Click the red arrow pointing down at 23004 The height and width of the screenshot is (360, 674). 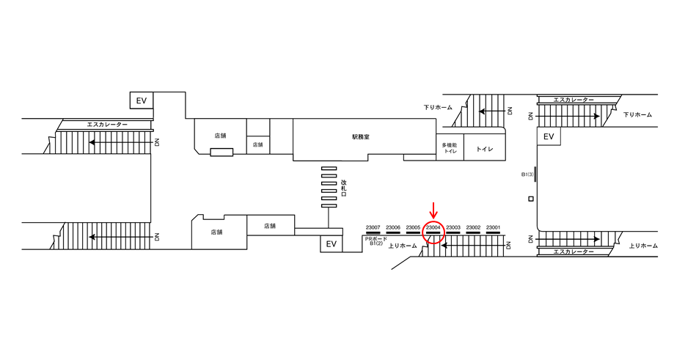click(433, 210)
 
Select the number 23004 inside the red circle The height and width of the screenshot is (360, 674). click(433, 227)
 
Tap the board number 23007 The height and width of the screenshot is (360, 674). click(373, 227)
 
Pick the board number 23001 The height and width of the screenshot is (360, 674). click(493, 227)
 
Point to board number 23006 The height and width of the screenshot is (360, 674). click(393, 227)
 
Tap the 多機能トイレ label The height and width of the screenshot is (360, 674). click(449, 148)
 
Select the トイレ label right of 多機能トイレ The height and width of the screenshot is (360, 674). click(484, 149)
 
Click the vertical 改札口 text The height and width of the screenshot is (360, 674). click(343, 189)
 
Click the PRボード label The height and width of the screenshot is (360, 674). click(376, 238)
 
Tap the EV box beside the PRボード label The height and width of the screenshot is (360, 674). click(330, 244)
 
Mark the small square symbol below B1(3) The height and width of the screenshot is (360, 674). click(530, 199)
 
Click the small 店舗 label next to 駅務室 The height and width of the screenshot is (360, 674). click(257, 145)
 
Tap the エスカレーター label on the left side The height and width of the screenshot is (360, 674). click(107, 125)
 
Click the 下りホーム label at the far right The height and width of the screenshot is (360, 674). click(637, 114)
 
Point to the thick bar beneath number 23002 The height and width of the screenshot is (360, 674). click(473, 233)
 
